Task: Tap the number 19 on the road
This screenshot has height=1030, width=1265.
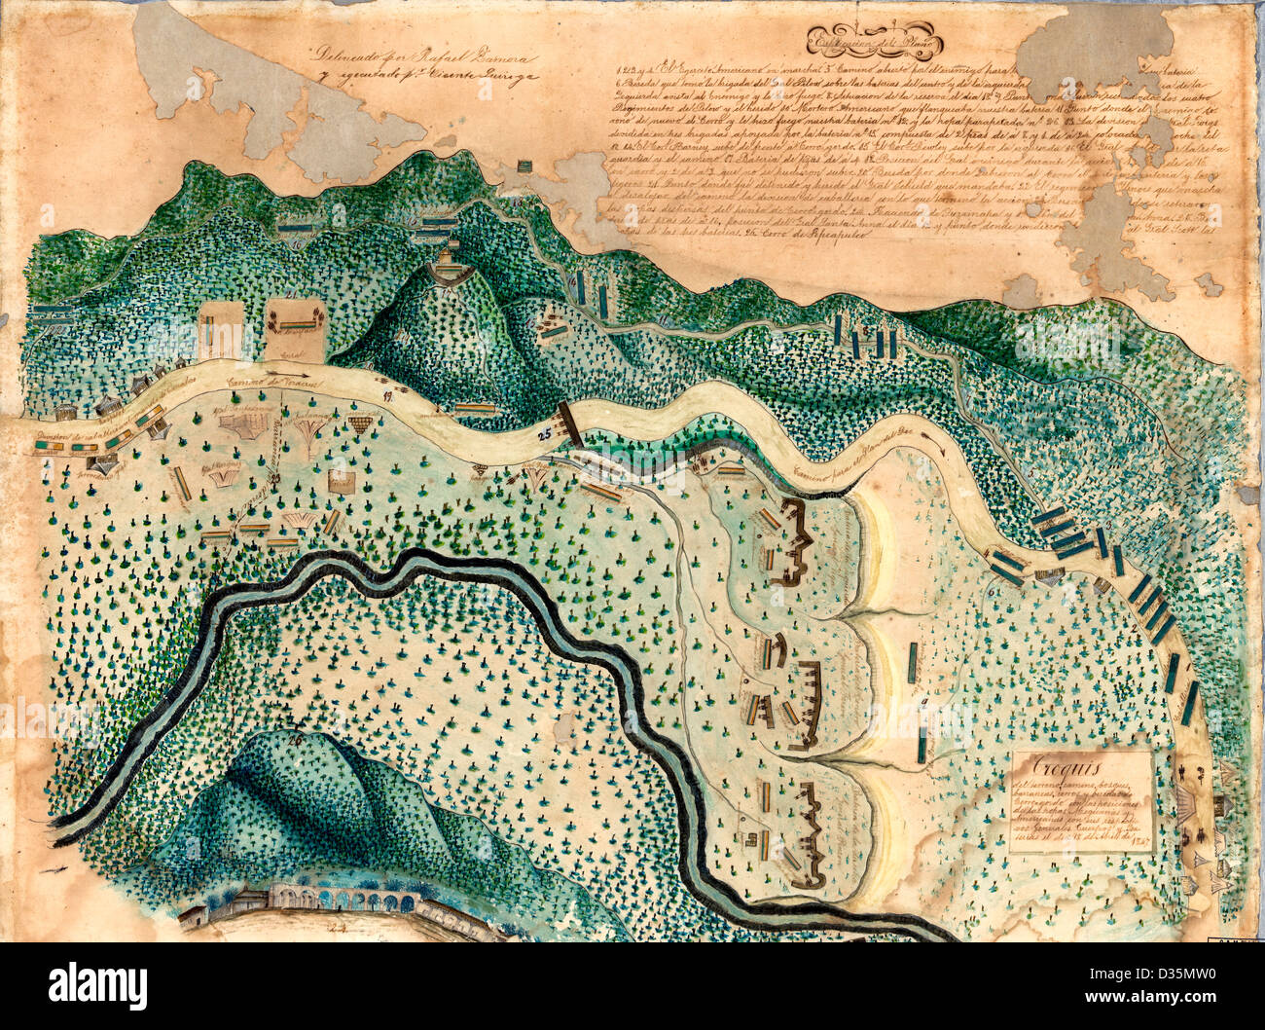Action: coord(386,394)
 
